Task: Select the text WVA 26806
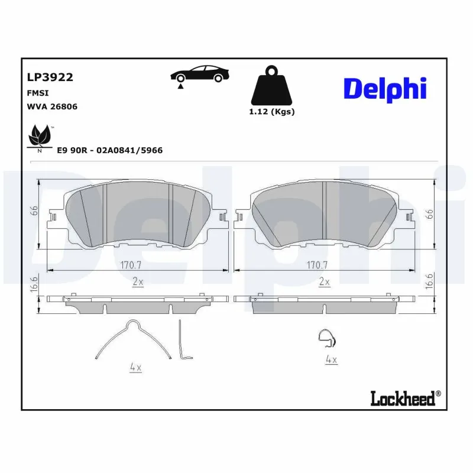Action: coord(52,106)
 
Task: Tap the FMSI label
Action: coord(38,93)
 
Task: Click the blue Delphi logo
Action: coord(384,89)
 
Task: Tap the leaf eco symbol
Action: coord(40,136)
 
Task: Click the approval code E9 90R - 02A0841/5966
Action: coord(109,151)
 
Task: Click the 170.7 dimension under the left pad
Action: coord(137,264)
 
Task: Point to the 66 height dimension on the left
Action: coord(34,211)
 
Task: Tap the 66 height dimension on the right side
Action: coord(430,214)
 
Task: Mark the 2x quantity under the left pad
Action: coord(137,282)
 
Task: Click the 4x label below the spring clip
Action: coord(135,368)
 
